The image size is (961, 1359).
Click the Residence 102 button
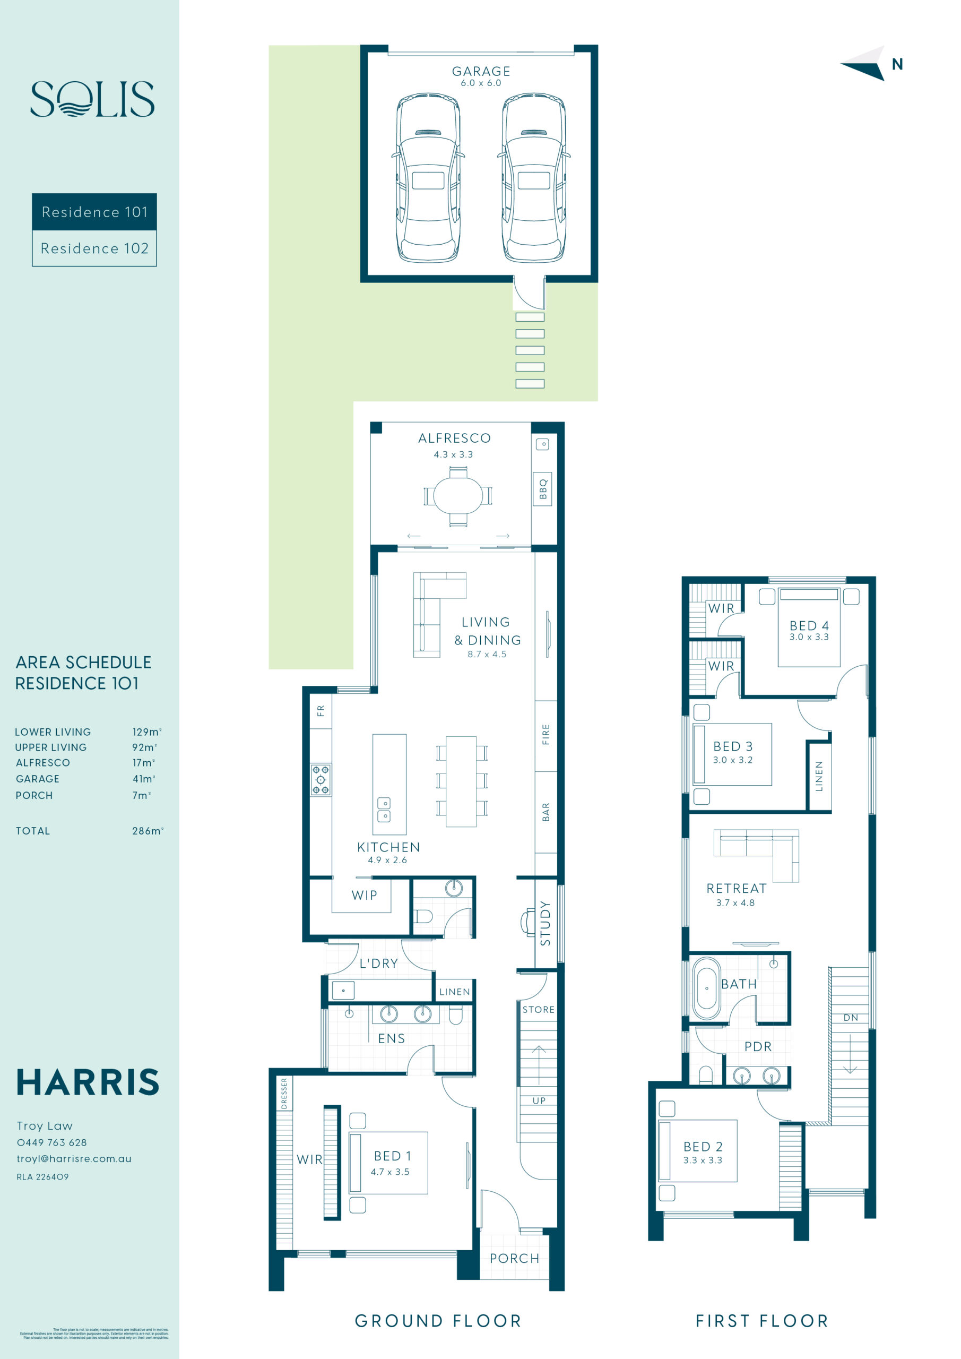(94, 248)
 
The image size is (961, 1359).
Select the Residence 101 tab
(94, 212)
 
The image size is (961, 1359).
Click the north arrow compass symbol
(865, 63)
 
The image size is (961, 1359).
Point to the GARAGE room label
(481, 71)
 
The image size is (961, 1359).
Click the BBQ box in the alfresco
(543, 489)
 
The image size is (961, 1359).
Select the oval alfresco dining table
(457, 496)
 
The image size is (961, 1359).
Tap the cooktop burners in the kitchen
(320, 779)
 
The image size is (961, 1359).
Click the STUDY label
(545, 923)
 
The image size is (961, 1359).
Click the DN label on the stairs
(850, 1018)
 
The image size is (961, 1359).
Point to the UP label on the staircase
(539, 1100)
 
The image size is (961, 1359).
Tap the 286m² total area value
(148, 831)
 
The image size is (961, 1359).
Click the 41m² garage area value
(144, 779)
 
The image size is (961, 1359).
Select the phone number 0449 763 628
(52, 1142)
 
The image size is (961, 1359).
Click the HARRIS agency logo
(88, 1082)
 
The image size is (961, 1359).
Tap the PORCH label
(514, 1258)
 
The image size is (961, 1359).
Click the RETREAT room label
(736, 889)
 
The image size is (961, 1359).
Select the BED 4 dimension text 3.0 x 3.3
(808, 637)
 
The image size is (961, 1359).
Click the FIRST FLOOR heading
(761, 1321)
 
